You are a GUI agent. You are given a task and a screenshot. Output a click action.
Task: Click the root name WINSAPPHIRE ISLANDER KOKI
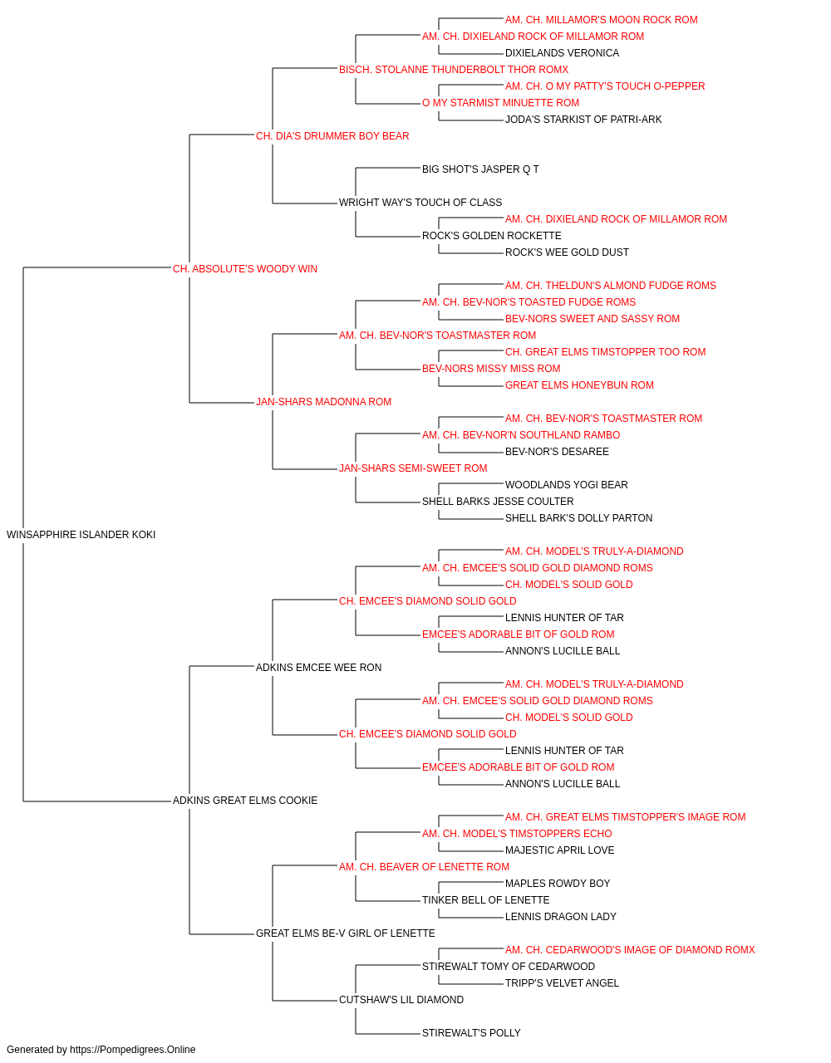(81, 535)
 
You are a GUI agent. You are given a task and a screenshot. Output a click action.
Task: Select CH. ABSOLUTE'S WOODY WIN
(244, 269)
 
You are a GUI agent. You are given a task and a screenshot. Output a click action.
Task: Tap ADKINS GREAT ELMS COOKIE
(244, 801)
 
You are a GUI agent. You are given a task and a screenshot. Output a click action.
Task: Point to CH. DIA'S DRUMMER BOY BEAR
(332, 136)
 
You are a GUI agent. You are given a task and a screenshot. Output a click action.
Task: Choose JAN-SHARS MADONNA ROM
(323, 402)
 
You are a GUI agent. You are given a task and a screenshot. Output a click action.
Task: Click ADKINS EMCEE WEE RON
(318, 668)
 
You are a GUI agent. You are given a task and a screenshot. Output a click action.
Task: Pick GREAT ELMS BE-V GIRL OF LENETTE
(345, 933)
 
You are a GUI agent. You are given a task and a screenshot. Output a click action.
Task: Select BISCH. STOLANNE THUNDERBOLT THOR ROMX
(454, 70)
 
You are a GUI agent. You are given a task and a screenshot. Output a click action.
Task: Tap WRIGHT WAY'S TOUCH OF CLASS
(420, 203)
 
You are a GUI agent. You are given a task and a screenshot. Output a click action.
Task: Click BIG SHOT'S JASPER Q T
(480, 169)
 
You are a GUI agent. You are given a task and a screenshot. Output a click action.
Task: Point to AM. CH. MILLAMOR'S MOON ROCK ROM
(601, 20)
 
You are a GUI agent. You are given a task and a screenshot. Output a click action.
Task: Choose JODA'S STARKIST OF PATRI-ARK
(583, 120)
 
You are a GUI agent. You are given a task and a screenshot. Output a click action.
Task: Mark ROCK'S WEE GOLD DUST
(567, 252)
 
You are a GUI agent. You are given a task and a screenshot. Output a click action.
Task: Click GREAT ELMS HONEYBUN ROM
(579, 385)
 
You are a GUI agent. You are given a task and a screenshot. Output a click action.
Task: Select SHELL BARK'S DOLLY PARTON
(578, 518)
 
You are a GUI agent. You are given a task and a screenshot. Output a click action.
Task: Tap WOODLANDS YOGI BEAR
(566, 485)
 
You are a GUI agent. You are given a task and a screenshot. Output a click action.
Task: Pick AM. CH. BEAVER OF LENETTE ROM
(424, 867)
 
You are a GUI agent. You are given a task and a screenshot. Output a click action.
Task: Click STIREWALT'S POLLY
(471, 1032)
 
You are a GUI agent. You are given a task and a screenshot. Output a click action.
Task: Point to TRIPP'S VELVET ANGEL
(562, 982)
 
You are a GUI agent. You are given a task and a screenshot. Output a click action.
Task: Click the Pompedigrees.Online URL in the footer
(132, 1050)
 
